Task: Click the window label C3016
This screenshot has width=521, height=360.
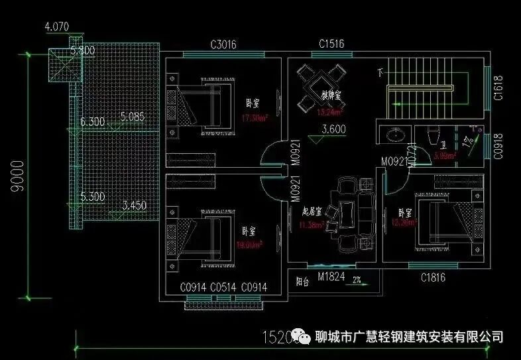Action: coord(223,45)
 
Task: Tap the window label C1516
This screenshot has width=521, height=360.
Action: coord(331,44)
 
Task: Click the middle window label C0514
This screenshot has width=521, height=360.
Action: coord(223,288)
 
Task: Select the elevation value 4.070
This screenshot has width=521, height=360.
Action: coord(56,28)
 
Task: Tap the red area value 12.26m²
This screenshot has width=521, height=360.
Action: coord(405,223)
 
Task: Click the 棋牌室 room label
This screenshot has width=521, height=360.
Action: coord(331,95)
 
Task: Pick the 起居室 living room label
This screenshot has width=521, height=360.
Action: coord(312,211)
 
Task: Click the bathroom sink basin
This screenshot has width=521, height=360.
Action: coord(396,136)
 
